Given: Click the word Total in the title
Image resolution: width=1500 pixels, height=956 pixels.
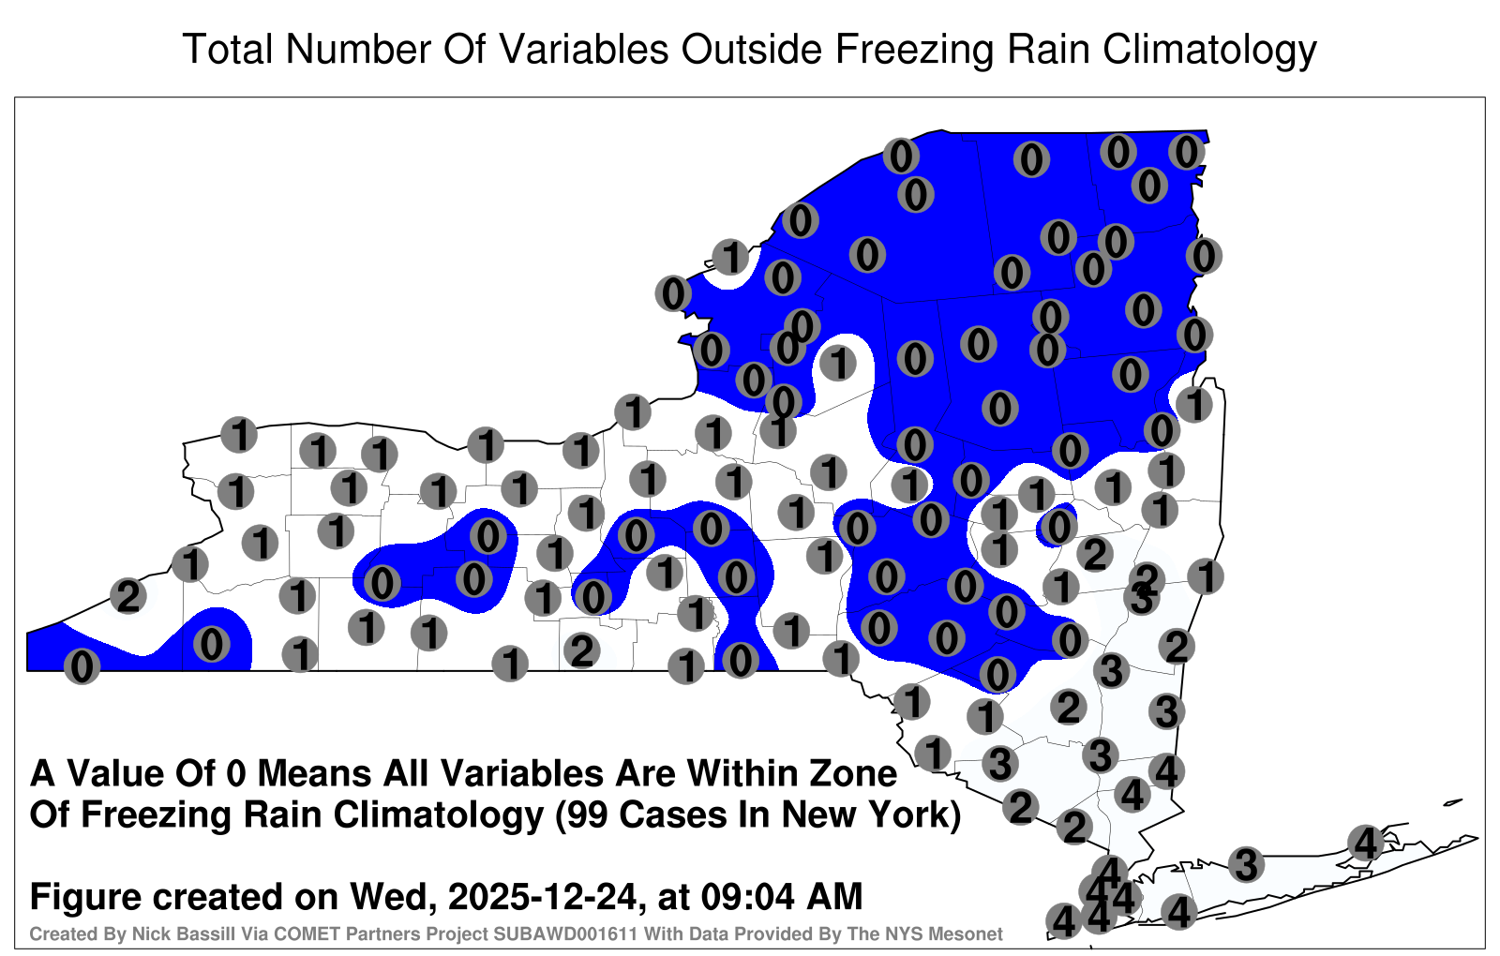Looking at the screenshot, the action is point(228,49).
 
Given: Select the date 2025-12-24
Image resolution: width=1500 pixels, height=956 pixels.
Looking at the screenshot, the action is point(543,896).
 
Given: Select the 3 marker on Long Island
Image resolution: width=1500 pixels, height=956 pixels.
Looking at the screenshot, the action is point(1246,864).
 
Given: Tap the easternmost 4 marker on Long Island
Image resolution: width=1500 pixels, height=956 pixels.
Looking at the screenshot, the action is point(1365,843).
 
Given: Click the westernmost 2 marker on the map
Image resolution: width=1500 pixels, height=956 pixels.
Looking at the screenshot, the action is point(128,596).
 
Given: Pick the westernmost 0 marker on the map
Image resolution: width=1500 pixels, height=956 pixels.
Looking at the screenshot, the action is point(82,666).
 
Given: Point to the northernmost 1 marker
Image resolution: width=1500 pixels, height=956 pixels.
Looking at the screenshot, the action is point(730,257).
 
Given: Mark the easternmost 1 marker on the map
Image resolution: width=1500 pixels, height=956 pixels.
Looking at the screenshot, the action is point(1206,576).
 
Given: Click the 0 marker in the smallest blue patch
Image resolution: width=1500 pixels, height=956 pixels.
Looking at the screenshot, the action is point(1058,527).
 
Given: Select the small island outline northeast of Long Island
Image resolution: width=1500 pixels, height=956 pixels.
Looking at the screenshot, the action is point(1453,802).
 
